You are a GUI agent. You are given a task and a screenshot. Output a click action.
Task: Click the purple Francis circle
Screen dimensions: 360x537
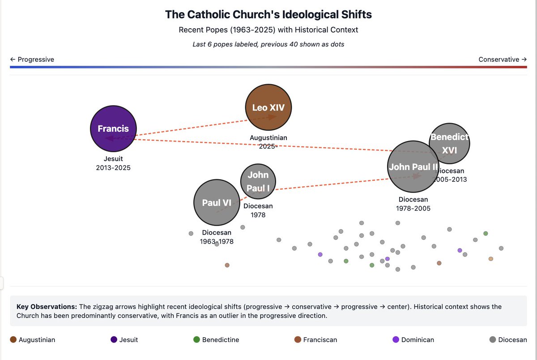click(x=113, y=129)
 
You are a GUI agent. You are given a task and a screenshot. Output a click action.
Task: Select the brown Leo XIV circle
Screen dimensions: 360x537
click(x=268, y=107)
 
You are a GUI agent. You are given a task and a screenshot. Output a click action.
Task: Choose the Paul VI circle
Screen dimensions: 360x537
click(x=217, y=203)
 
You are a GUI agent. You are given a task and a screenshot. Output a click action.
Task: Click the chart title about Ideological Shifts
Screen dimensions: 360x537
click(x=268, y=14)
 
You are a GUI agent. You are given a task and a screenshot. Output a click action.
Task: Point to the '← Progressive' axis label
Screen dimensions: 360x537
click(x=32, y=60)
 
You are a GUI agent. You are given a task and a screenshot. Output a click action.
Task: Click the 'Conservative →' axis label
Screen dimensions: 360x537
click(x=503, y=60)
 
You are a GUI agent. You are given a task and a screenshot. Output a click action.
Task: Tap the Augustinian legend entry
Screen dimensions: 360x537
click(x=33, y=340)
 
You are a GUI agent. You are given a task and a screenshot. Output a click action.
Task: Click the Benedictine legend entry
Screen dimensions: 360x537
click(x=216, y=340)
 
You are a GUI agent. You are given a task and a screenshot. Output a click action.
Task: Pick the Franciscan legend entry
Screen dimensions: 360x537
click(x=316, y=340)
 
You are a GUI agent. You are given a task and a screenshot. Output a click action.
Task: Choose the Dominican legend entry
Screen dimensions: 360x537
click(x=413, y=340)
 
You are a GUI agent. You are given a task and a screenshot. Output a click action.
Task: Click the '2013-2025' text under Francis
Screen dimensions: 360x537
click(x=113, y=168)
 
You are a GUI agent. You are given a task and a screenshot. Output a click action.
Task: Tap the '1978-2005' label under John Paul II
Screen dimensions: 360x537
click(x=413, y=208)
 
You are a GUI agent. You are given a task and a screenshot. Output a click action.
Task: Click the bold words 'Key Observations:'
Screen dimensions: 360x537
click(x=47, y=307)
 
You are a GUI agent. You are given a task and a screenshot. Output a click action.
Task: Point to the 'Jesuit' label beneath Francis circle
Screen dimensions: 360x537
click(x=113, y=159)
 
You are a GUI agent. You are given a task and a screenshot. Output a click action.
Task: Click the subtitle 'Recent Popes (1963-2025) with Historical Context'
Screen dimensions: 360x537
click(x=268, y=30)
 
